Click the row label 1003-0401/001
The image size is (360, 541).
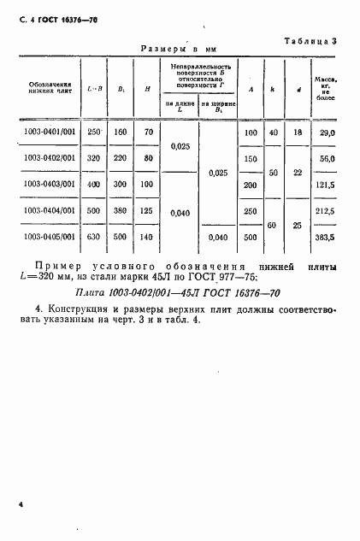[50, 132]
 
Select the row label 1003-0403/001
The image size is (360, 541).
[50, 184]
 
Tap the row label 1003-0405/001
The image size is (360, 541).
[50, 236]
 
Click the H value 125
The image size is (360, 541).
[148, 210]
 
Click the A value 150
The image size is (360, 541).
[251, 159]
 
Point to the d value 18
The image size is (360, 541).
[298, 133]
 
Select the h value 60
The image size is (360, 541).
[274, 224]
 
